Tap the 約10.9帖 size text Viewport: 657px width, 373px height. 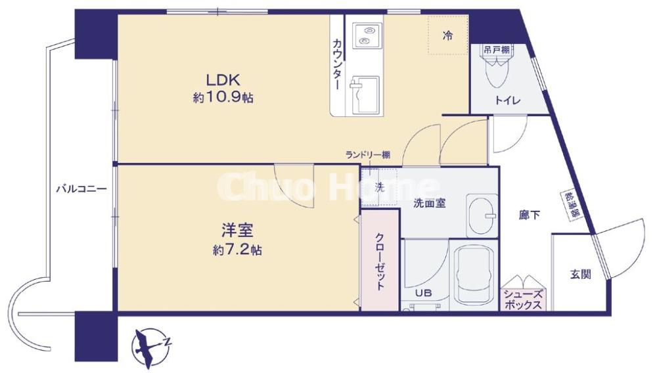[x=223, y=98]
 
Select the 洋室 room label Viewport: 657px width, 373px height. [x=237, y=231]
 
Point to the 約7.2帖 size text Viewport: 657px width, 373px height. [x=237, y=250]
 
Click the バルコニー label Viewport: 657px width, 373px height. [x=80, y=189]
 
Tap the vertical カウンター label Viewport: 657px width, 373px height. [x=337, y=64]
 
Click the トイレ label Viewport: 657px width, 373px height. [x=507, y=100]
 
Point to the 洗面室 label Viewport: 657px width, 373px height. [x=430, y=203]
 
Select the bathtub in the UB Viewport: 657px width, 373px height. [x=474, y=276]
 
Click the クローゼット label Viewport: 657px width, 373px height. [x=380, y=263]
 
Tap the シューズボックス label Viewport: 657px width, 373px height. [x=523, y=301]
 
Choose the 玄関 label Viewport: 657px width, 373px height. [x=580, y=274]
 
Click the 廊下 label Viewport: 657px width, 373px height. [x=529, y=215]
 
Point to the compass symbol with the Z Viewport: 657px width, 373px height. [x=151, y=343]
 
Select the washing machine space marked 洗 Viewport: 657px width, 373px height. [x=379, y=186]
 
